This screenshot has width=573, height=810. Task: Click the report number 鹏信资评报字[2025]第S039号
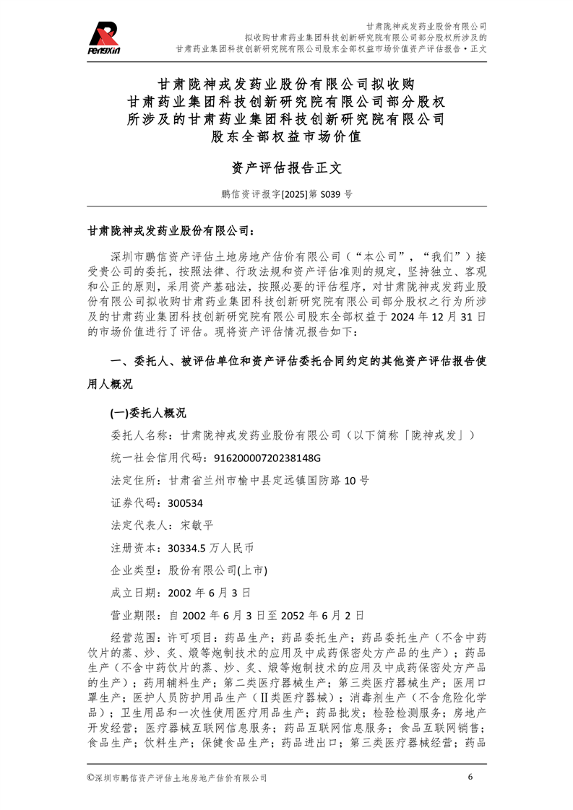(x=286, y=194)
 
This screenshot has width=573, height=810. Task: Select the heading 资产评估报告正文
(x=286, y=168)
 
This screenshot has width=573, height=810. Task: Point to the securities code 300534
(x=185, y=502)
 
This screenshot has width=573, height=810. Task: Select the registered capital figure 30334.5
(x=185, y=547)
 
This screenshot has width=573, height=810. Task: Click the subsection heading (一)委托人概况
(x=147, y=413)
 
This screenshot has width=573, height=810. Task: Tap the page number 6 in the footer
(x=470, y=777)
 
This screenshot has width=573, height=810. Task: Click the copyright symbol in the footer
(x=90, y=778)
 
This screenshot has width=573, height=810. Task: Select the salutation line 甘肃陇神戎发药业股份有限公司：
(x=171, y=232)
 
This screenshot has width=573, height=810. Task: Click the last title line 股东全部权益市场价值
(x=286, y=135)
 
